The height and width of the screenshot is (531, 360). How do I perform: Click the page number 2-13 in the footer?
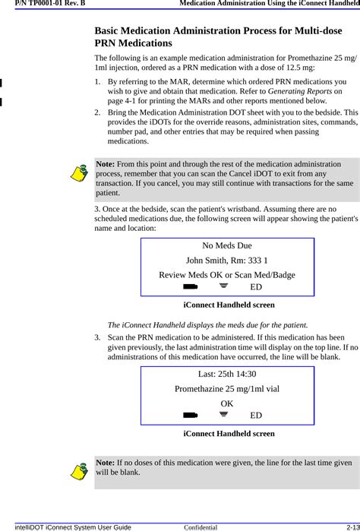[349, 526]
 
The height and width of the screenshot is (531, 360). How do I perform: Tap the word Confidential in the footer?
[201, 526]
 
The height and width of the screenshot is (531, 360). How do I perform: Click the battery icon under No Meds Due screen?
[190, 286]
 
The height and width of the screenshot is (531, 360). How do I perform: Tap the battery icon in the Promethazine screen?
[190, 415]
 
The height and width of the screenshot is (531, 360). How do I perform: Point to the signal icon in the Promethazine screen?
[223, 415]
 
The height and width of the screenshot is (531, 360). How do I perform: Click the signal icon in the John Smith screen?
[223, 286]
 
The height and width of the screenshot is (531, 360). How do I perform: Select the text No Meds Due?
[226, 246]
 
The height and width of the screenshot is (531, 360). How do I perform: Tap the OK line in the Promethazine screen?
[227, 403]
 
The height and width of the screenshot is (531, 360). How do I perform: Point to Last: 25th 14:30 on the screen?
[226, 375]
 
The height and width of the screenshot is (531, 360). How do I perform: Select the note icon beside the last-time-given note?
[78, 471]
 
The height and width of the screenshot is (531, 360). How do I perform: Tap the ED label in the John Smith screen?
[256, 287]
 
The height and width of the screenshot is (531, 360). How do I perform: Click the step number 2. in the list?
[99, 112]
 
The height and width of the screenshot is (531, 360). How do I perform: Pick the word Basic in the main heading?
[110, 31]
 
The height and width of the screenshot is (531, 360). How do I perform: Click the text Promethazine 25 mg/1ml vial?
[226, 388]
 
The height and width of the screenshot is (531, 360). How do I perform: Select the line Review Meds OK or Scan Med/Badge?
[226, 274]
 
